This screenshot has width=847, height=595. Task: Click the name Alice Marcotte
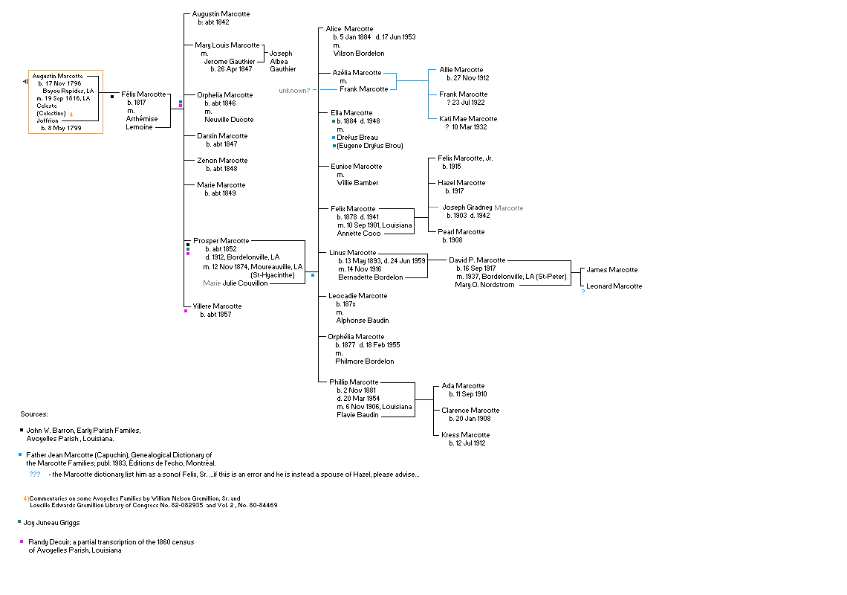tap(349, 29)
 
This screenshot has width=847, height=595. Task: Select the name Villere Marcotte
tap(217, 306)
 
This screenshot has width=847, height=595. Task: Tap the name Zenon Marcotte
tap(222, 161)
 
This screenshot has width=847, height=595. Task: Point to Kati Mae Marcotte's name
tap(468, 119)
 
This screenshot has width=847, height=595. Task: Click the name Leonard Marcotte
tap(614, 286)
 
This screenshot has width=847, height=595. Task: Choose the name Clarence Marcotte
tap(470, 411)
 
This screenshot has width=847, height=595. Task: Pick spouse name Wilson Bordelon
tap(359, 54)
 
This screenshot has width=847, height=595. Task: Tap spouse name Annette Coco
tap(359, 234)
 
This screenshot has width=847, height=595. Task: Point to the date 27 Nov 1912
tap(468, 78)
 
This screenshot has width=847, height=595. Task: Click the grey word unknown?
tap(294, 91)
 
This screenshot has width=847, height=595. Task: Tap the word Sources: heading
tap(34, 414)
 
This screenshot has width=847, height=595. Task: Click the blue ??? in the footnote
tap(35, 475)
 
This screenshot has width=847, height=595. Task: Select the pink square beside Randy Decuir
tap(20, 541)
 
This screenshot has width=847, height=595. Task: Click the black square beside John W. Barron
tap(20, 430)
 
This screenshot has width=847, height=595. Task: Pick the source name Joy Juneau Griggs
tap(51, 523)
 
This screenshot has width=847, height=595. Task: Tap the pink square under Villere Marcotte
tap(186, 311)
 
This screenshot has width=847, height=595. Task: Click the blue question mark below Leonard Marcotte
tap(583, 292)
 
